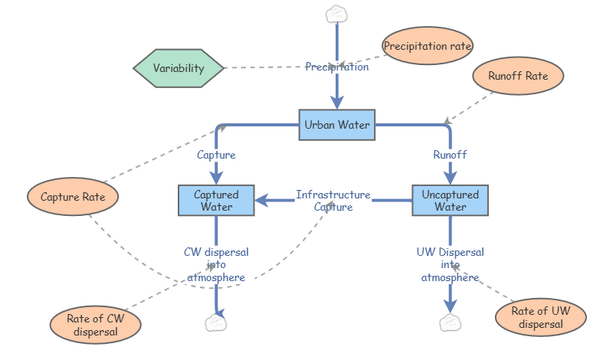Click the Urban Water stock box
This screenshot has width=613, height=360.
336,124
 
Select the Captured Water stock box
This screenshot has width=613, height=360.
215,201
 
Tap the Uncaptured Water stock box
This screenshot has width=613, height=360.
450,201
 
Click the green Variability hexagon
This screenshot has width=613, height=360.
179,68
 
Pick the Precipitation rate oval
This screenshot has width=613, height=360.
428,46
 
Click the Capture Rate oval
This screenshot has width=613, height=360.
73,197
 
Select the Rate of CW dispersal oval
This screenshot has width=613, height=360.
96,325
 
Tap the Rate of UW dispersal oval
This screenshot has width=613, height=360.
540,317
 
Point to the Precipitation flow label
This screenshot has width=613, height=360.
337,67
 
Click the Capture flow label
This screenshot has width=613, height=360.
216,155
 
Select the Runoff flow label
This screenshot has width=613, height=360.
450,155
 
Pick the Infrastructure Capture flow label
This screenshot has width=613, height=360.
333,201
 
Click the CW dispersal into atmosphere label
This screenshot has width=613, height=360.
216,264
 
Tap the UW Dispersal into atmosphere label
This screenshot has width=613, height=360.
451,264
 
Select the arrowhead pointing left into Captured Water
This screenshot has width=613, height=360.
261,201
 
